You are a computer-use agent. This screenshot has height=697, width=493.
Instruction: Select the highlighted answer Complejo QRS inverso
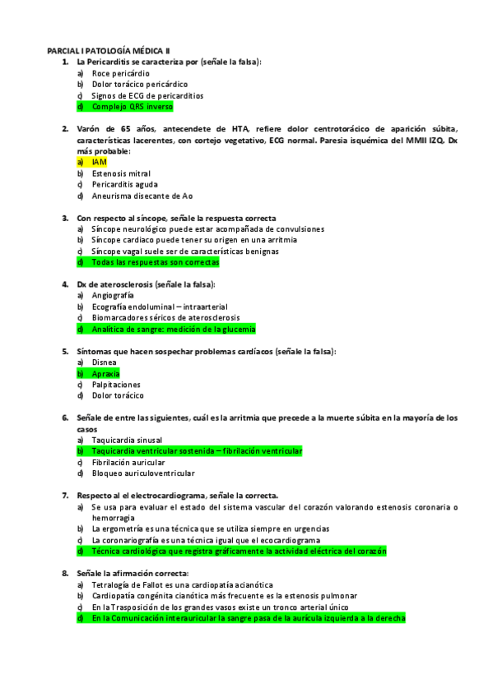pos(132,107)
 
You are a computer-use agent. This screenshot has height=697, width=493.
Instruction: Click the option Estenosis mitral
pos(121,173)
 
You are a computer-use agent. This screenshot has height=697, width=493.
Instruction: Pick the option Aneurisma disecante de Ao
pos(142,196)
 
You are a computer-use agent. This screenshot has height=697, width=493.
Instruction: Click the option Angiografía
pos(112,295)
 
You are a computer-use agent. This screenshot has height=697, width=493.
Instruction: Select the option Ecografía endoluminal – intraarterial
pos(160,307)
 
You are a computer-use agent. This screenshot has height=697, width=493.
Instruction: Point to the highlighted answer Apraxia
pos(105,373)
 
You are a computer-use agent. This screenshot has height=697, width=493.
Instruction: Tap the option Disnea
pos(104,362)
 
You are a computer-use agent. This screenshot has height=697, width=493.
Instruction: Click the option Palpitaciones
pos(116,385)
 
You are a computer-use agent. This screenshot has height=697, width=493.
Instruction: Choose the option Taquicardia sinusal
pos(127,440)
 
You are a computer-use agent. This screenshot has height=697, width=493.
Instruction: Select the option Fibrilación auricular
pos(128,462)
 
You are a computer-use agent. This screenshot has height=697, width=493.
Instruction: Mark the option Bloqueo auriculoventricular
pos(143,473)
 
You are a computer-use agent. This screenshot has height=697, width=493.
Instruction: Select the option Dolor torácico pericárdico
pos(139,84)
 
